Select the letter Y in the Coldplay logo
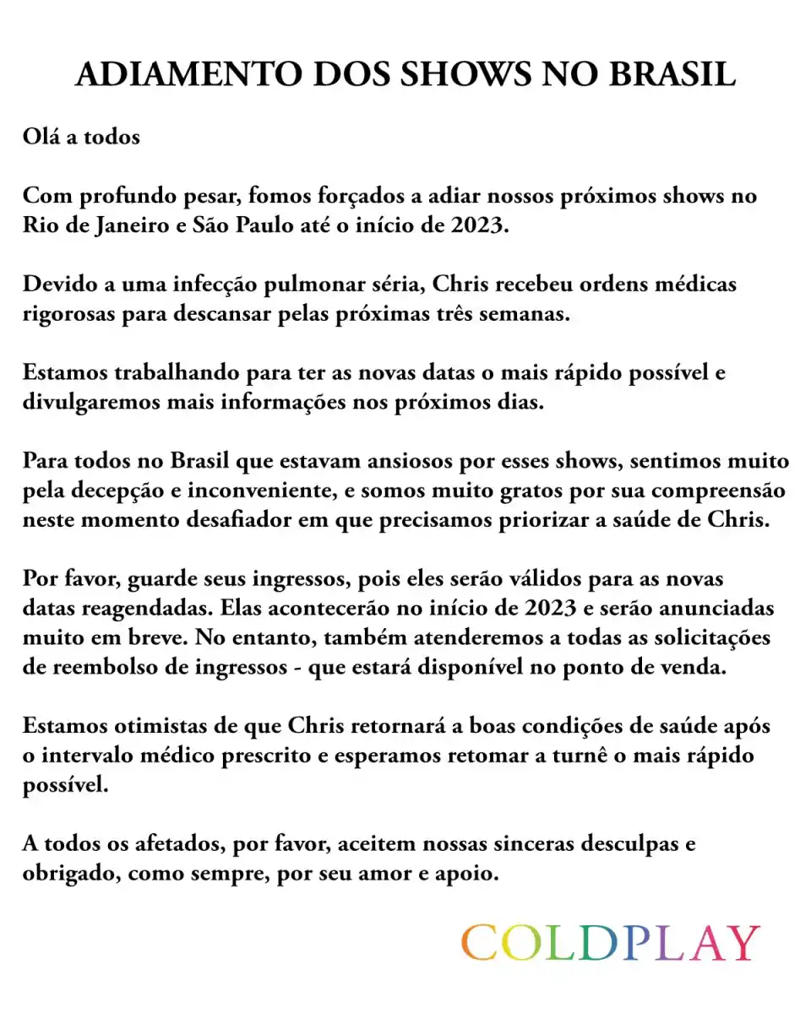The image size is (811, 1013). (743, 943)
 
